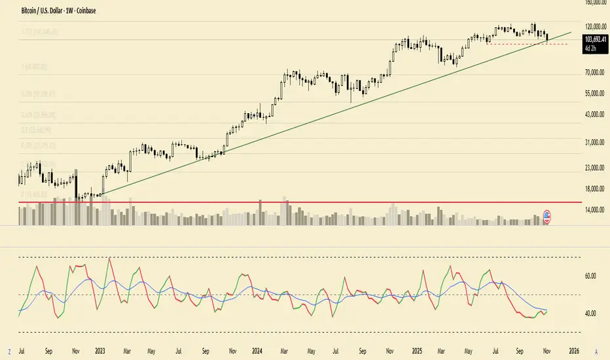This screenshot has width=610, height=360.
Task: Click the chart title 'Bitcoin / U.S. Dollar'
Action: point(43,11)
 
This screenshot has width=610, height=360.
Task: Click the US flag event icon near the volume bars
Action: point(547,217)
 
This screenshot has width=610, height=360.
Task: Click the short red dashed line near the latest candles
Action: point(524,43)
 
